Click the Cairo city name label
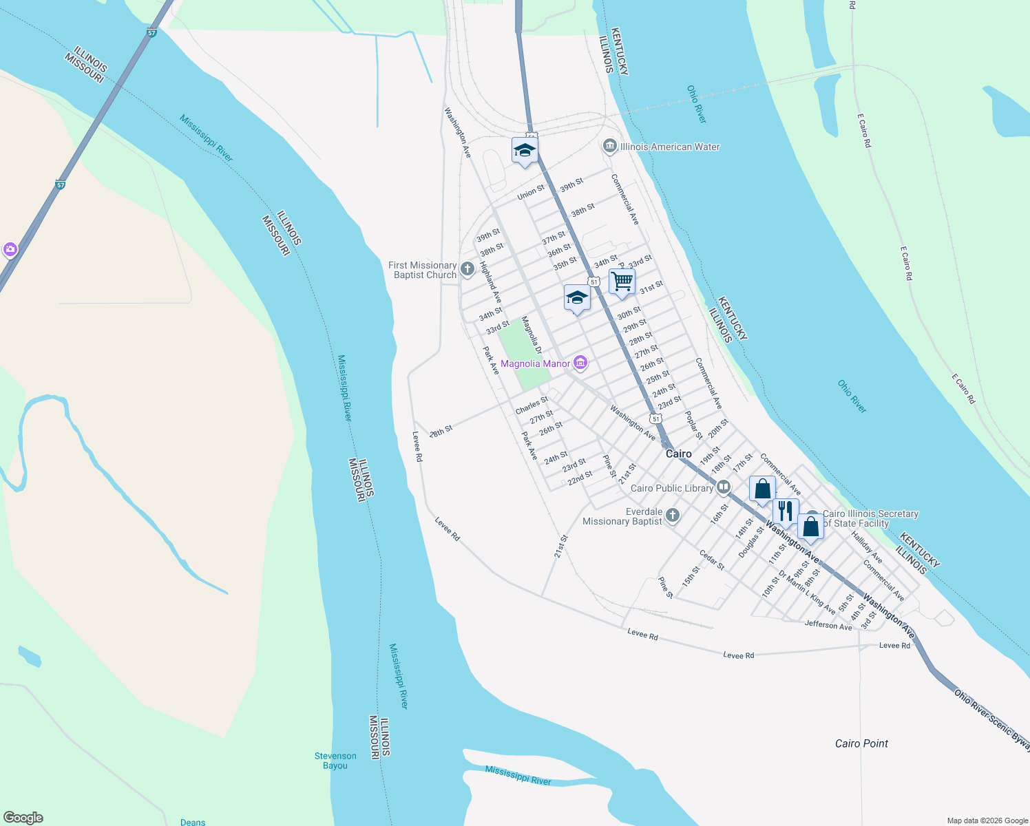678,454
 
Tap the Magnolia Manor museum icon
580,363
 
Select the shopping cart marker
622,282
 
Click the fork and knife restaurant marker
786,511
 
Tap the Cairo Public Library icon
723,487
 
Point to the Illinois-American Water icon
609,146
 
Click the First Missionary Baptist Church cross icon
467,269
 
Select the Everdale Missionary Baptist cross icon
673,516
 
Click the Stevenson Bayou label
335,761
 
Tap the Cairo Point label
861,743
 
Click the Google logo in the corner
23,817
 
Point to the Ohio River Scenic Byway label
992,716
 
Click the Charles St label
532,405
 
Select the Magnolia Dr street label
532,335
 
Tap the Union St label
531,192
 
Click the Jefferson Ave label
828,625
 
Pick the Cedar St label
712,560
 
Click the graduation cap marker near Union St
525,150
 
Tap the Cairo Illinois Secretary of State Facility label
870,518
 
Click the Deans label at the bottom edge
193,822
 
